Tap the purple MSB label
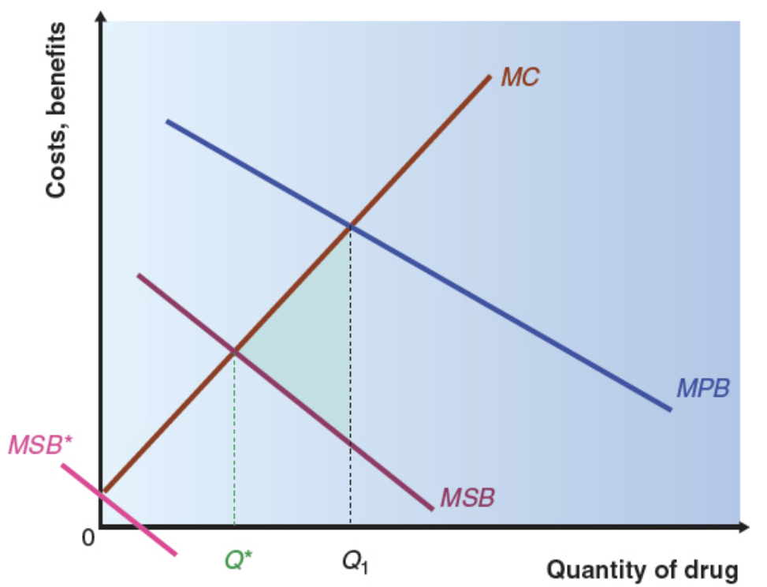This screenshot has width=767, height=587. (x=467, y=498)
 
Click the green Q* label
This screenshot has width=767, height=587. (x=237, y=559)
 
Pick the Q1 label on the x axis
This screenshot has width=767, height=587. (x=356, y=561)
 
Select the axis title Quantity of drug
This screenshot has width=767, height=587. (x=642, y=569)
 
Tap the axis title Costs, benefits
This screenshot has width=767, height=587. (x=56, y=110)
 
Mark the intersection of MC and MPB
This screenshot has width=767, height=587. (x=350, y=226)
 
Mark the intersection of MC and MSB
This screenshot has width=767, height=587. (x=234, y=350)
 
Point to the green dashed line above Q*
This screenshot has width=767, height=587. (x=234, y=442)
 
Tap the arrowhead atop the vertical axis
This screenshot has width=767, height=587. (x=100, y=17)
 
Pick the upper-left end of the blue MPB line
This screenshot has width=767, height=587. (x=167, y=122)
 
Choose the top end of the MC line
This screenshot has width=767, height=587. (x=489, y=77)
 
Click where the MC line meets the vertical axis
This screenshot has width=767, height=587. (x=102, y=491)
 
